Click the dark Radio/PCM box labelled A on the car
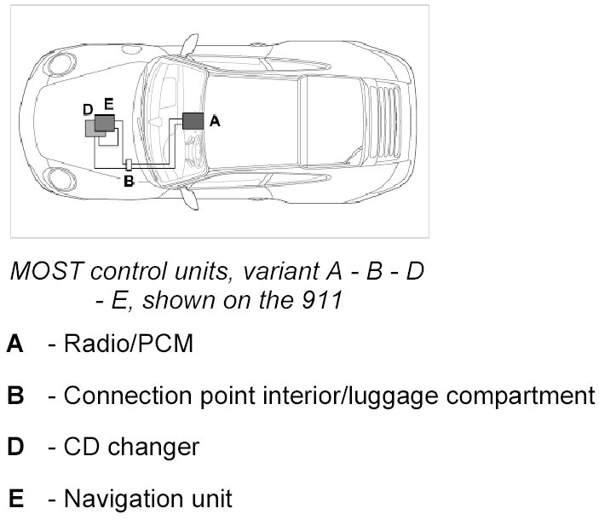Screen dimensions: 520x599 [x=193, y=120]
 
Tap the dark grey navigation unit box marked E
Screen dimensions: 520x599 [x=104, y=123]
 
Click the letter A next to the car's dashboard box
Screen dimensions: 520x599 [x=215, y=122]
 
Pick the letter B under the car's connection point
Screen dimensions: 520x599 [x=129, y=181]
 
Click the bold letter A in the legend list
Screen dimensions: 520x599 [x=14, y=345]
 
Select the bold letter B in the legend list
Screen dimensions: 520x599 [x=14, y=396]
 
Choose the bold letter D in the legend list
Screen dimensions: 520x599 [x=14, y=447]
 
